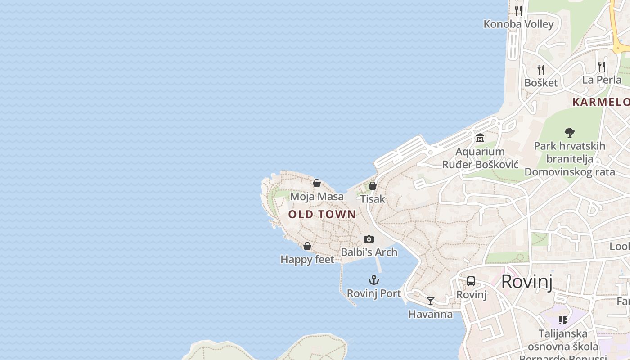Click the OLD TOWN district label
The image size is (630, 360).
point(322,214)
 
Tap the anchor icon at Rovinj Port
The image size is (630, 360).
point(373,280)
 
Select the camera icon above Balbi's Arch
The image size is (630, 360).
point(369,239)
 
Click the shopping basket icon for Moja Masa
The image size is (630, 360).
point(317,183)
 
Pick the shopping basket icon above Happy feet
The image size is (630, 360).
point(307,246)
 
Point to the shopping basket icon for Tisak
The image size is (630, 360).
point(373,185)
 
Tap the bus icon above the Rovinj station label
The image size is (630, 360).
point(471,281)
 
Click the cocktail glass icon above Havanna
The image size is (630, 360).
point(431,301)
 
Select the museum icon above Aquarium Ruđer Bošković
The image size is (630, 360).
point(480,138)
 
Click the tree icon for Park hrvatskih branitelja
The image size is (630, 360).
point(570,132)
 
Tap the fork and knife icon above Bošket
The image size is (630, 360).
point(541,70)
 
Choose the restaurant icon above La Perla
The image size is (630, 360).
point(602,67)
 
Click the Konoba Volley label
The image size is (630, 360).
point(518,24)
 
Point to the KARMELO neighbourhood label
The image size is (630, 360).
point(601,102)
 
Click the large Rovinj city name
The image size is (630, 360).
point(526,282)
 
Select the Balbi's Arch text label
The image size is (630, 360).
point(369,252)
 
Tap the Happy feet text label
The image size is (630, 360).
point(307,260)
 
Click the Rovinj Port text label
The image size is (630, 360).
point(373,293)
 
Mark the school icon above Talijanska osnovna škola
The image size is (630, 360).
point(562,320)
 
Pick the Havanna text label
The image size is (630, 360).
point(431,314)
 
